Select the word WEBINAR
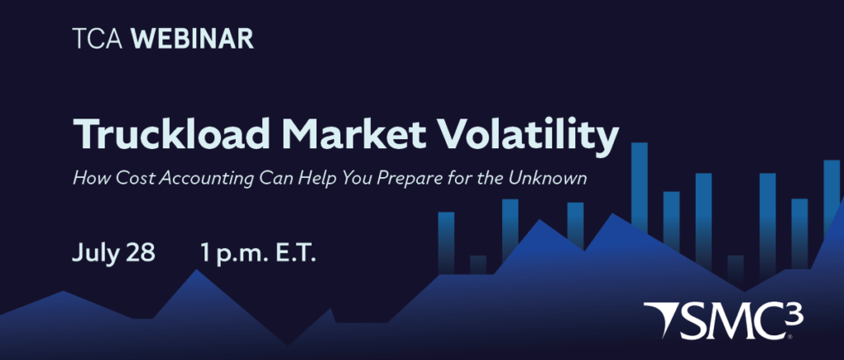click(192, 40)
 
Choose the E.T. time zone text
click(296, 252)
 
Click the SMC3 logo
click(724, 320)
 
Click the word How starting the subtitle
click(85, 178)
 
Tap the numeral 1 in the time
click(205, 253)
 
